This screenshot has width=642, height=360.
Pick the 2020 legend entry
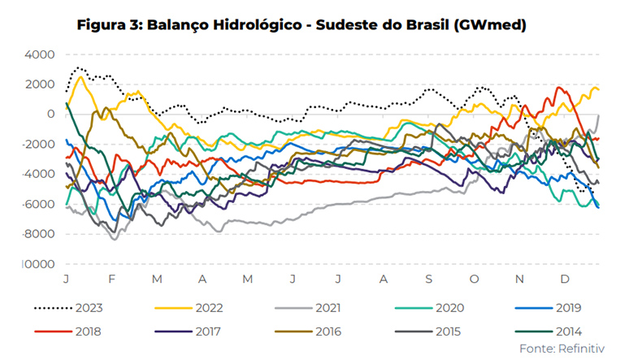pyautogui.click(x=450, y=309)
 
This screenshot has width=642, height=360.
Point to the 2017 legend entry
pyautogui.click(x=210, y=332)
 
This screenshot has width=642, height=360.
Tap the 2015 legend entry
pyautogui.click(x=450, y=332)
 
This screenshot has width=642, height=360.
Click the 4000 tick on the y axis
pyautogui.click(x=39, y=54)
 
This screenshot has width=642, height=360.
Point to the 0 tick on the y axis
pyautogui.click(x=50, y=115)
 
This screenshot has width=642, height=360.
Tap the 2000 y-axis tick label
pyautogui.click(x=39, y=85)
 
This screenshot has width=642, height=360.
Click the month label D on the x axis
pyautogui.click(x=564, y=279)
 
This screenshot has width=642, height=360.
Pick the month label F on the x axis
pyautogui.click(x=111, y=279)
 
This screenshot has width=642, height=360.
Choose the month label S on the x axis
pyautogui.click(x=427, y=279)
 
